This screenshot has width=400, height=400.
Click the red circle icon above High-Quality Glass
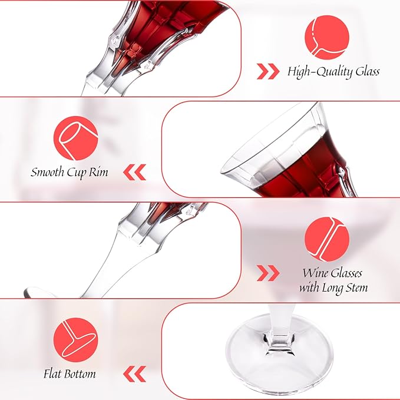[327, 36]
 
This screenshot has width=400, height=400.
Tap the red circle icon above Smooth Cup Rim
[75, 138]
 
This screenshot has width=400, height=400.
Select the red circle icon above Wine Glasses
[327, 239]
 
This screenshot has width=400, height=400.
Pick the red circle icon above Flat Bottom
[75, 340]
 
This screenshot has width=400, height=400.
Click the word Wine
[315, 273]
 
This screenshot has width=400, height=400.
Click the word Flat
[54, 373]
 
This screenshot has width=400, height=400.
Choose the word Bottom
[81, 373]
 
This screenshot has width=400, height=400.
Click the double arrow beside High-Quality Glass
[268, 72]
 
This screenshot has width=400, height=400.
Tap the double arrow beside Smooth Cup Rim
[135, 173]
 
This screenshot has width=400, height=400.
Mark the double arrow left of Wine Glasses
[268, 273]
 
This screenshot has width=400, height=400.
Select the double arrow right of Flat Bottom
[135, 373]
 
